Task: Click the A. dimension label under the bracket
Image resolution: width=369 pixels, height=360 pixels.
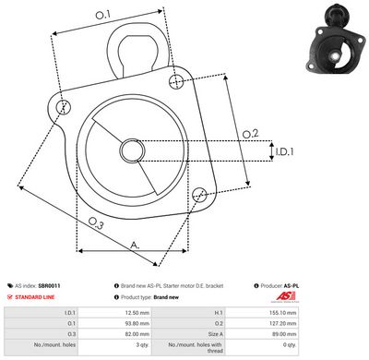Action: [135, 245]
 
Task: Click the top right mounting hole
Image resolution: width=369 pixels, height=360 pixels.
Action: [176, 83]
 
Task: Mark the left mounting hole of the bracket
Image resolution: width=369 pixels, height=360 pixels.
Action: [63, 109]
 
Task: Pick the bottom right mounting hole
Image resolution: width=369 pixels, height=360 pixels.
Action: [200, 193]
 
